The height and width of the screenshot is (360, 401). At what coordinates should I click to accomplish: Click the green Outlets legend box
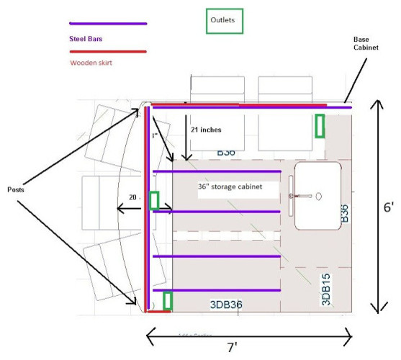[x=224, y=21]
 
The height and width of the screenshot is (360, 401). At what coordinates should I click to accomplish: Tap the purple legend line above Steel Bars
[x=108, y=24]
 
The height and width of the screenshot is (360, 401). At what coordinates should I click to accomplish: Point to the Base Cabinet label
[x=368, y=43]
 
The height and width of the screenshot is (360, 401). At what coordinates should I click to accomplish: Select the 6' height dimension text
[x=388, y=207]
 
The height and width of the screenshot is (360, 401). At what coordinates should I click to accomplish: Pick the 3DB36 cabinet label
[x=225, y=305]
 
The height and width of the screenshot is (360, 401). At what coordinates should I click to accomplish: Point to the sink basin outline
[x=317, y=196]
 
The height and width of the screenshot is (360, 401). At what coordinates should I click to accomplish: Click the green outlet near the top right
[x=320, y=125]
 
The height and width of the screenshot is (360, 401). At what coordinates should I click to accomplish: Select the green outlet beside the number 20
[x=154, y=200]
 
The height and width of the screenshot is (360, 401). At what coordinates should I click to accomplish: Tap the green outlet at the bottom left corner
[x=168, y=300]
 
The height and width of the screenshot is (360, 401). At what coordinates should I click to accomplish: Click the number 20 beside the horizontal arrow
[x=132, y=197]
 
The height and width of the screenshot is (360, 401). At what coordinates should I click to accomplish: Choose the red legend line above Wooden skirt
[x=108, y=51]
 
